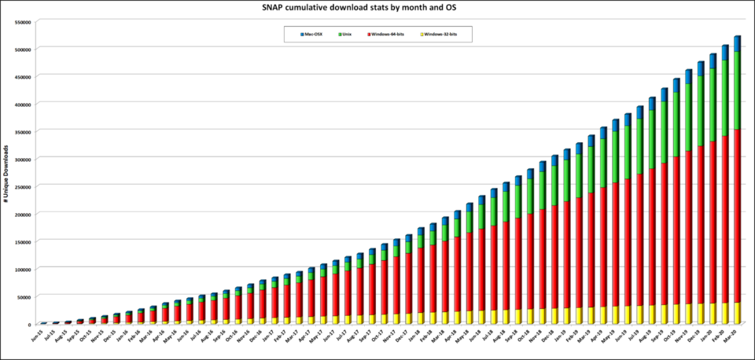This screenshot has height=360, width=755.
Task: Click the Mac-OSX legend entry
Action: point(312,35)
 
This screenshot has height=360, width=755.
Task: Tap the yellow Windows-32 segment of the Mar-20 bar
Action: point(738,313)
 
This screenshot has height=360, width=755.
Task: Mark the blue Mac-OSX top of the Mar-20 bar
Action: point(738,43)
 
